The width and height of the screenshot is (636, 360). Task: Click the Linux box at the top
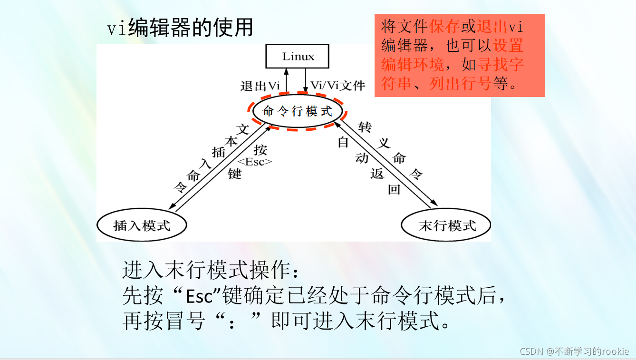pos(298,57)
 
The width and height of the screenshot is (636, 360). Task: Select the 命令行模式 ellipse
pos(298,112)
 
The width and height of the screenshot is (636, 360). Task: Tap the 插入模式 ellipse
pos(142,225)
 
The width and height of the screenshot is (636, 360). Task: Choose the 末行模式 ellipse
pos(446,225)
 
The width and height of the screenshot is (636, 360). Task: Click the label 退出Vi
pos(260,86)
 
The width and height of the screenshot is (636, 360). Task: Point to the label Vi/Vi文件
pos(337,86)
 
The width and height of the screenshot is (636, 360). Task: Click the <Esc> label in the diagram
pos(255,162)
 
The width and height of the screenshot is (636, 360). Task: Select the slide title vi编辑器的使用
pos(180,28)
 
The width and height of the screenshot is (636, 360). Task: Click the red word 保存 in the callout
pos(444,27)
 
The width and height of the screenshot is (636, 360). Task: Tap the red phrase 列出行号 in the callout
pos(460,84)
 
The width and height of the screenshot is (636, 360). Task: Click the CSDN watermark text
pos(574,351)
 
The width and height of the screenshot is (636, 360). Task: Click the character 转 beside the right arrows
pos(365,127)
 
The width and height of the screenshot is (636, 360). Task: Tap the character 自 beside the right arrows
pos(343,142)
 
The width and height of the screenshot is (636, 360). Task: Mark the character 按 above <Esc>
pos(260,150)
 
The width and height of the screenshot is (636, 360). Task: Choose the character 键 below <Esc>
pos(235,174)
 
